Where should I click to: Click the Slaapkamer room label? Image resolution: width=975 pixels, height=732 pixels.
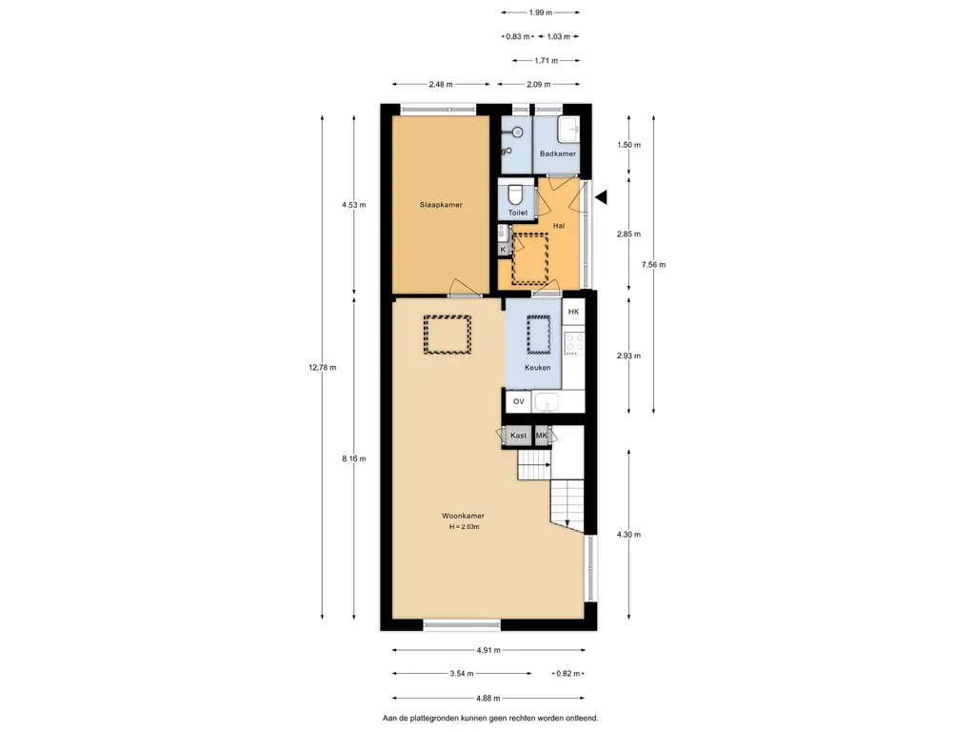(441, 205)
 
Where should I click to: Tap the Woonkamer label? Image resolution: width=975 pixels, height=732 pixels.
(464, 516)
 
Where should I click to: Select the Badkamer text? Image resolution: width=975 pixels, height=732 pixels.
(558, 153)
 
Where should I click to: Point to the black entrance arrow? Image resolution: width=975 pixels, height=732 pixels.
(602, 198)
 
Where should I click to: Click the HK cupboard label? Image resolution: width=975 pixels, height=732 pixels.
(573, 312)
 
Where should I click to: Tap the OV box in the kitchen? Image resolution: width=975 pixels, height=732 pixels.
(519, 402)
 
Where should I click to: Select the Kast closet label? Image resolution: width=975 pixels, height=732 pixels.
(518, 436)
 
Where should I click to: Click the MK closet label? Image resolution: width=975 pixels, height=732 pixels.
(542, 436)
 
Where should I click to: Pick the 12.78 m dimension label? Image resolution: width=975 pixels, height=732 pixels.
(322, 367)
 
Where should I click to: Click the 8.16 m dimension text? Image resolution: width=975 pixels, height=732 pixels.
(354, 458)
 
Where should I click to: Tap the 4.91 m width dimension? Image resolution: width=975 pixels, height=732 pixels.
(488, 650)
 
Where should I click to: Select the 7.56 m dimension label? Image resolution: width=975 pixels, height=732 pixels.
(653, 265)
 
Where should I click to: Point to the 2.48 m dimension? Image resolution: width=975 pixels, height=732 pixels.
(441, 85)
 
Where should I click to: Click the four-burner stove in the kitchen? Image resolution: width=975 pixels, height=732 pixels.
(574, 343)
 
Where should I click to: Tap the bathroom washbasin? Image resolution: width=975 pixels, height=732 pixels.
(568, 130)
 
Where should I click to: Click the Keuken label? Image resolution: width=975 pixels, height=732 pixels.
(538, 368)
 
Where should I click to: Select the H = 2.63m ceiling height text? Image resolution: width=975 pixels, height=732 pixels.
(465, 527)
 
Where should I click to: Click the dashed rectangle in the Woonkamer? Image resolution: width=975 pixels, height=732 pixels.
(448, 335)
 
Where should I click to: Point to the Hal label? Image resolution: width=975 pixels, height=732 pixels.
(559, 226)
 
